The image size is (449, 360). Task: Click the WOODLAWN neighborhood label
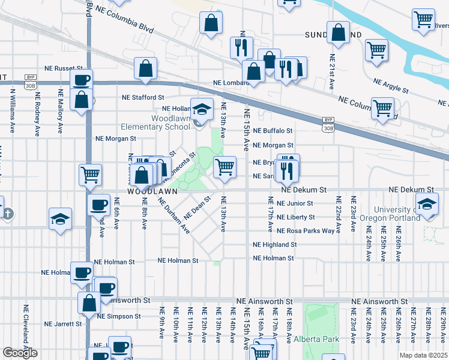point(152,191)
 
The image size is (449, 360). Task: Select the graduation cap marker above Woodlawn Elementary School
point(202,109)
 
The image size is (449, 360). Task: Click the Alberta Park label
point(316,339)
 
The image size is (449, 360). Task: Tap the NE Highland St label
point(274,245)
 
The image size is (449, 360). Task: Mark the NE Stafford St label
point(143,97)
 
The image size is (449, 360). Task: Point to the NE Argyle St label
point(390,85)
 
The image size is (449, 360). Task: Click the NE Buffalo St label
point(273,131)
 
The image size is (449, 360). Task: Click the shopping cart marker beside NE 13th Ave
point(224,168)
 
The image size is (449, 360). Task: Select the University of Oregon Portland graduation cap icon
point(427,206)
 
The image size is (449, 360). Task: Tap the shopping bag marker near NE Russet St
point(145,70)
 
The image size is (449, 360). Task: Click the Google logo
point(20,353)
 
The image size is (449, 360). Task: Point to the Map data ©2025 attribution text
point(423,355)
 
